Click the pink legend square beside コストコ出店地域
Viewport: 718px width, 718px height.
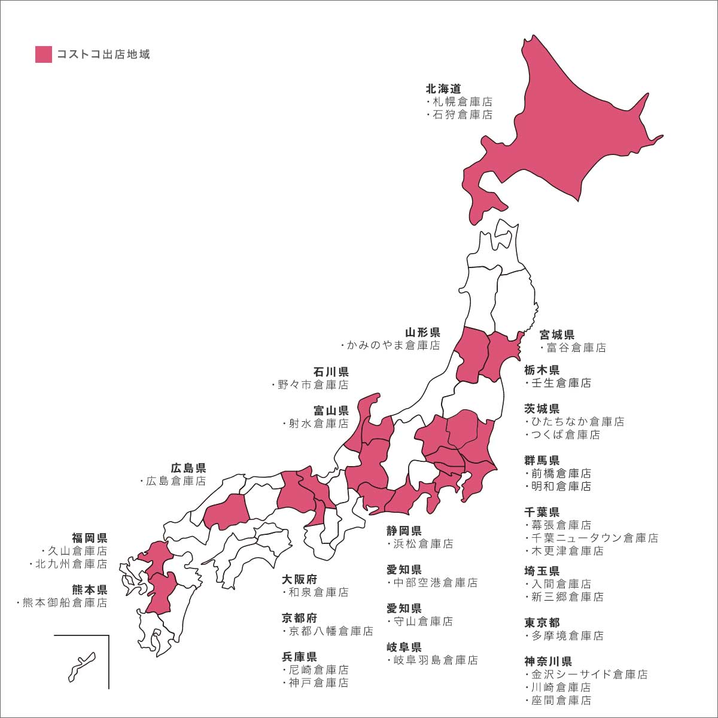coord(44,54)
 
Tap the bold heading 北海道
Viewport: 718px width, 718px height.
coord(443,89)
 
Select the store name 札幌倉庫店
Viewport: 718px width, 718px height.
coord(463,102)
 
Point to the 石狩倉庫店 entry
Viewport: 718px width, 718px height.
coord(463,115)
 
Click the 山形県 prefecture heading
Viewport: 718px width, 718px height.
coord(422,333)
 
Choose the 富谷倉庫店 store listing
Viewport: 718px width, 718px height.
coord(576,348)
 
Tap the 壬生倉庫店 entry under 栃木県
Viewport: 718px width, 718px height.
coord(561,383)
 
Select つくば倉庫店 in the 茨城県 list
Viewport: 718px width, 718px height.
coord(565,435)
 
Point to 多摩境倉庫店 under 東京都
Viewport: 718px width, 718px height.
coord(567,635)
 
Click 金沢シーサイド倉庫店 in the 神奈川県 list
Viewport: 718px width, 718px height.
coord(589,674)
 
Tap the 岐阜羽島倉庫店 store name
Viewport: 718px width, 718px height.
coord(435,661)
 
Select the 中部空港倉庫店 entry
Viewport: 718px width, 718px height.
coord(435,583)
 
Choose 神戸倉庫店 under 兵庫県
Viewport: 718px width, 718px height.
coord(318,683)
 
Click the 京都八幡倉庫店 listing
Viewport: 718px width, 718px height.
coord(330,631)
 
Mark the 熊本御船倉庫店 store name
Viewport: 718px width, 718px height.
coord(65,603)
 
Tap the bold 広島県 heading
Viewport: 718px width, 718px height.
coord(188,468)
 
